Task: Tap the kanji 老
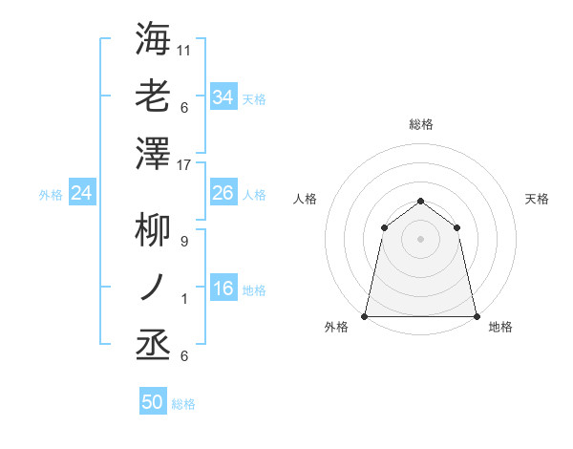click(x=153, y=96)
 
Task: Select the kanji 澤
click(x=153, y=154)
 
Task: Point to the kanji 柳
click(x=153, y=230)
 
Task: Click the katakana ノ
click(x=153, y=288)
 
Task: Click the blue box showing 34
click(x=223, y=96)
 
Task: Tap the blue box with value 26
click(x=223, y=193)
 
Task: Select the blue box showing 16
click(x=223, y=289)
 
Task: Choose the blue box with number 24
click(x=81, y=193)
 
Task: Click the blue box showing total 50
click(x=152, y=402)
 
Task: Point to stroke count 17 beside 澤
click(x=184, y=165)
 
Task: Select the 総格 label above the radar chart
click(x=420, y=124)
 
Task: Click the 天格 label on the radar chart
click(x=537, y=199)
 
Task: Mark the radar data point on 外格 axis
click(x=365, y=315)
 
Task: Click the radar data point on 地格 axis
click(x=476, y=315)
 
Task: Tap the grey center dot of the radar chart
click(x=420, y=238)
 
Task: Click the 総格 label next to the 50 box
click(x=183, y=404)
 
